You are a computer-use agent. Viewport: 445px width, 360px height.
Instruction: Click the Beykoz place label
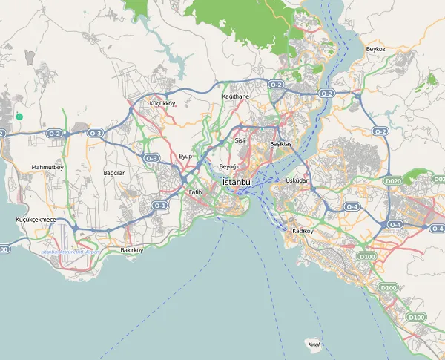click(x=376, y=49)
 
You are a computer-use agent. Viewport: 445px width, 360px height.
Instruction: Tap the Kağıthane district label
click(x=236, y=96)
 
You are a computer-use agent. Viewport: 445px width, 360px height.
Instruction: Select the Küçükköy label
click(x=162, y=103)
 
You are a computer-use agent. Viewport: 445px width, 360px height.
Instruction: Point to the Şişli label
click(x=240, y=140)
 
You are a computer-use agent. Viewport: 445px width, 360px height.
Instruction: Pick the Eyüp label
click(x=185, y=156)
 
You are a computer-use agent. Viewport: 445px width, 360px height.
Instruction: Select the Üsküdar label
click(x=297, y=180)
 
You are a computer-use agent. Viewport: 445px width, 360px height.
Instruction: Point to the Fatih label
click(x=195, y=192)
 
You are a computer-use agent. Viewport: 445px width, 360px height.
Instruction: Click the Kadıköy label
click(x=303, y=231)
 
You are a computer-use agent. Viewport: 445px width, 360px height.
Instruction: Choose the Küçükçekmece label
click(x=36, y=220)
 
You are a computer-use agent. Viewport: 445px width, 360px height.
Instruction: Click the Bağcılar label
click(x=114, y=172)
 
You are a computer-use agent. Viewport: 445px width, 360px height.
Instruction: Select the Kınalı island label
click(x=314, y=344)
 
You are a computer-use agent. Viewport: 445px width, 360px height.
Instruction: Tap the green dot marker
click(x=19, y=117)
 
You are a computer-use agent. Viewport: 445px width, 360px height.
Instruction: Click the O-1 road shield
click(x=159, y=205)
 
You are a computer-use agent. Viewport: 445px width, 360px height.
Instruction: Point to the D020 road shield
click(x=392, y=180)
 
